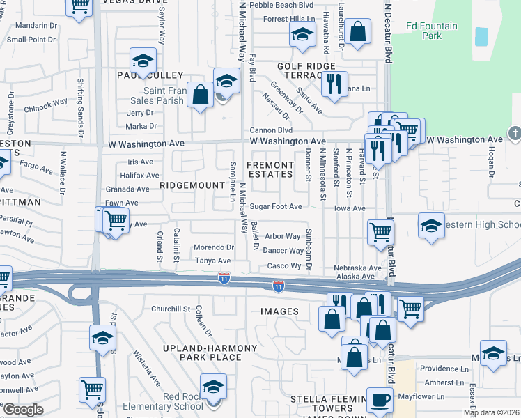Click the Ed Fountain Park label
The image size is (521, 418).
coord(433,31)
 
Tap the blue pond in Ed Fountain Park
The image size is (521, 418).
coord(481,37)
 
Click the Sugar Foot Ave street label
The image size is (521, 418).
coord(277,207)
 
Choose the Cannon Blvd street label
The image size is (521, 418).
coord(271,130)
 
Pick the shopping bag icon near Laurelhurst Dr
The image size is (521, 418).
coord(357,31)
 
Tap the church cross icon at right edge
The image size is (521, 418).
coord(515,132)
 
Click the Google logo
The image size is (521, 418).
coord(22,410)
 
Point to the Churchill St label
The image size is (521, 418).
coord(171,309)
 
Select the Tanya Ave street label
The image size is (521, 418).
coord(213,261)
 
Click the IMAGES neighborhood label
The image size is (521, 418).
coord(280,311)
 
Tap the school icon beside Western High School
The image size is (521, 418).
coord(431,226)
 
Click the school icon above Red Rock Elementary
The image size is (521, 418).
coord(213,386)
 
